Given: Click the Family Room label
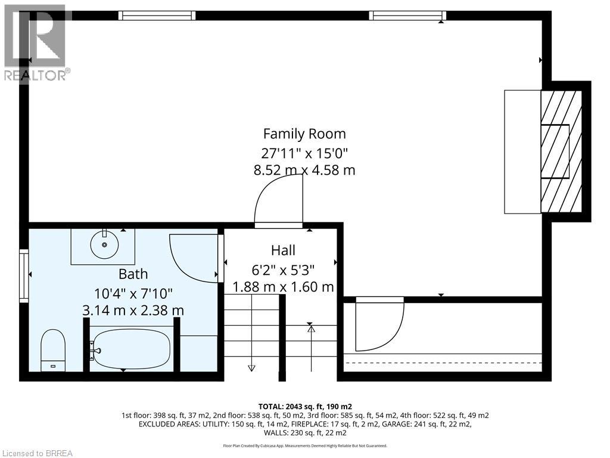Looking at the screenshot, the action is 304,134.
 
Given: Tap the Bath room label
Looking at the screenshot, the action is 133,274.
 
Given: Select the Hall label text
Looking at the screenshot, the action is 283,250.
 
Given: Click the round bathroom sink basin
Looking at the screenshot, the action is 104,245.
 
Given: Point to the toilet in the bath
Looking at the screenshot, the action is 53,350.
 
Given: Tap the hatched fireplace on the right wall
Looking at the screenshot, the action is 561,151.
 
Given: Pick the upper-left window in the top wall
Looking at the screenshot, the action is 157,15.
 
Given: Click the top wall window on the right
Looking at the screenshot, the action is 407,15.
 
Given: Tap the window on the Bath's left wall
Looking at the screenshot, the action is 24,276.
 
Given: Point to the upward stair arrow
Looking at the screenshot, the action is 311,348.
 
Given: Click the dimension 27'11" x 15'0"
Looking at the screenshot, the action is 304,153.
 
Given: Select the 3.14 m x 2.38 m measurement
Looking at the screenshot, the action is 133,310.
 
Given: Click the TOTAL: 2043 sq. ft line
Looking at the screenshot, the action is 305,407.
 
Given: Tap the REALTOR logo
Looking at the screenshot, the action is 35,43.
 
